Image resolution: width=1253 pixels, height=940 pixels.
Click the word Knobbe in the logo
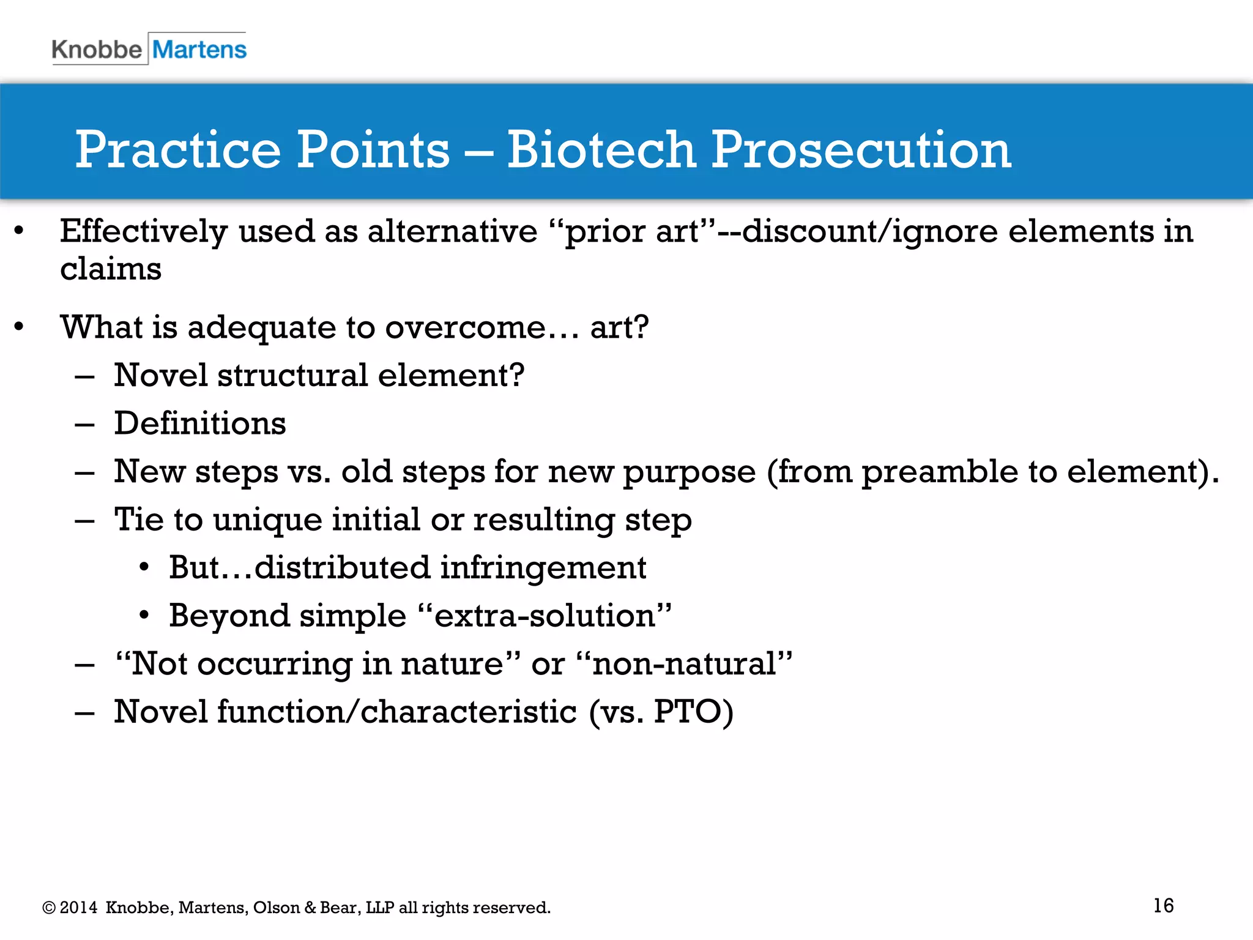(97, 50)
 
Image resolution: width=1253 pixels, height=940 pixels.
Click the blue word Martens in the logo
(199, 50)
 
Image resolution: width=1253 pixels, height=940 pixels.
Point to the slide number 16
(1163, 905)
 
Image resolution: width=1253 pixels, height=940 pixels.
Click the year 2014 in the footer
(79, 908)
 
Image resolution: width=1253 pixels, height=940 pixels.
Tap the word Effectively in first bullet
(144, 232)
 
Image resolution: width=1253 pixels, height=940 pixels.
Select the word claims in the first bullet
(111, 269)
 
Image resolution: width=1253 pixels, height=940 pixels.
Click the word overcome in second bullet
(466, 327)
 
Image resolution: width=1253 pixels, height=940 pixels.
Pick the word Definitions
(200, 423)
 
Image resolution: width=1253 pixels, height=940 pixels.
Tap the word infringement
(543, 567)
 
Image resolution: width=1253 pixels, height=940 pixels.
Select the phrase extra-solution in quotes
(545, 616)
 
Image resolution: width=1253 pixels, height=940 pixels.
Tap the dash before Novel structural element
(84, 376)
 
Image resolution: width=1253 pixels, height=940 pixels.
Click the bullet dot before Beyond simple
(144, 615)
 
